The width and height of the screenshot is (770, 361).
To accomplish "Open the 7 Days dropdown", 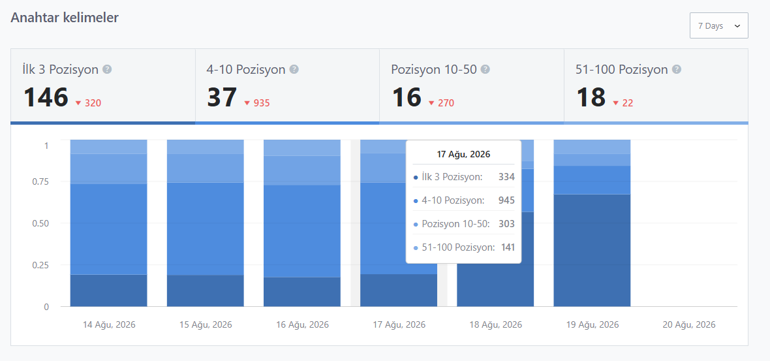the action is (x=718, y=25).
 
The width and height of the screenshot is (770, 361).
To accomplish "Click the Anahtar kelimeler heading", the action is (x=65, y=18).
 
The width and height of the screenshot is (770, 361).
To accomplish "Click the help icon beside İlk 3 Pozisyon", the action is (x=107, y=69).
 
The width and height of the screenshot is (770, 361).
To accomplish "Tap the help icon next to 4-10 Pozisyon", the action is (x=294, y=69).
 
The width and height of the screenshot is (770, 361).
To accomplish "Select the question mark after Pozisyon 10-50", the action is (x=485, y=69).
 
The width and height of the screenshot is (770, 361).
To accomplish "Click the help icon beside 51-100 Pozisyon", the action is (x=676, y=69).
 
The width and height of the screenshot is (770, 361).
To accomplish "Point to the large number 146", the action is (x=46, y=97).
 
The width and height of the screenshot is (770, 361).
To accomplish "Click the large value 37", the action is (x=222, y=97).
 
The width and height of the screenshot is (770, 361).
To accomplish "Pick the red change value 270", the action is (x=446, y=103).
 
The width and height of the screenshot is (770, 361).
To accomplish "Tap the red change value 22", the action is (x=628, y=103).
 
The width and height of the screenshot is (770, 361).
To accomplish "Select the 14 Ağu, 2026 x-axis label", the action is (x=109, y=324).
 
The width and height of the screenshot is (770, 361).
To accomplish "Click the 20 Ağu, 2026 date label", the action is (x=689, y=324).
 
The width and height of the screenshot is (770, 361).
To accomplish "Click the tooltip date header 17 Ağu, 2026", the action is (x=463, y=154).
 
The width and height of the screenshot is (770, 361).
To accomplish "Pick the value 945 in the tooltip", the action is (x=506, y=200).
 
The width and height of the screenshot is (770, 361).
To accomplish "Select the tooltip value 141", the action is (x=508, y=247).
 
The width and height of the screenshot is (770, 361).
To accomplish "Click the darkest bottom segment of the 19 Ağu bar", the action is (x=592, y=251).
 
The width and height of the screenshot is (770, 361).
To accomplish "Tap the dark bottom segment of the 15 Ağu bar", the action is (x=206, y=290).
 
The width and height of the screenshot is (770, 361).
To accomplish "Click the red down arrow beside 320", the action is (x=78, y=103).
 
